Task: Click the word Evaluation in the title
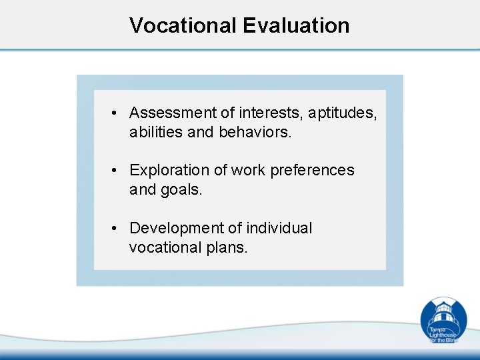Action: click(296, 25)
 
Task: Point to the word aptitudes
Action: click(342, 113)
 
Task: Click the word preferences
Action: click(313, 171)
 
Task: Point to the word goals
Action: click(181, 190)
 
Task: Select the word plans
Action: click(227, 248)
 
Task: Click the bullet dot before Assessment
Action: click(115, 113)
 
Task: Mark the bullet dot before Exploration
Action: click(115, 171)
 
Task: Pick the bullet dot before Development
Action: click(115, 229)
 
